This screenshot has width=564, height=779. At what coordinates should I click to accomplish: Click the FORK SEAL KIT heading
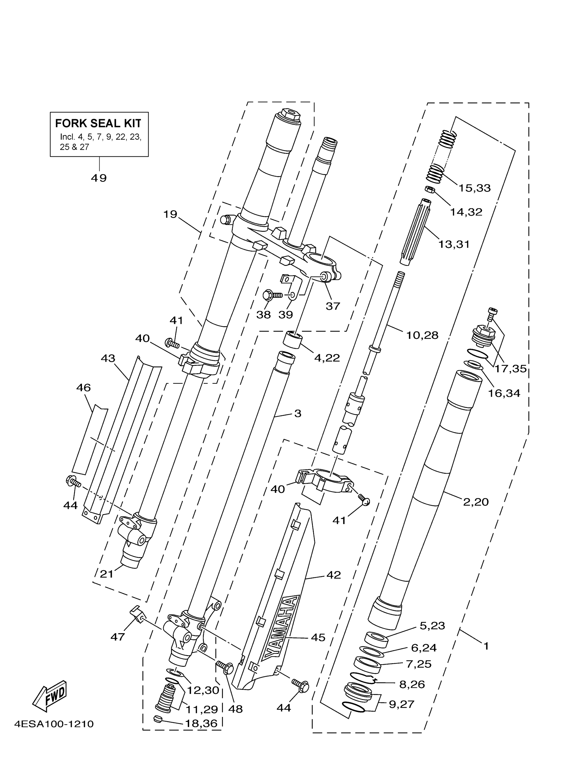coord(98,123)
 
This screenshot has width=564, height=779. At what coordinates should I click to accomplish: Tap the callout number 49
coord(99,178)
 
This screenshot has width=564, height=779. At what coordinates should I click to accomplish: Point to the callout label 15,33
coord(475,188)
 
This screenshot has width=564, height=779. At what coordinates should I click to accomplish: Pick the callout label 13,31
coord(454,244)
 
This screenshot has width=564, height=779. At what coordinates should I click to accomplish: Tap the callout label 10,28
coord(422,335)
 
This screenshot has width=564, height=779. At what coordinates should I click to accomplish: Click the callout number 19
coord(170,214)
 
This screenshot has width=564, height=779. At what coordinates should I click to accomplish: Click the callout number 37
coord(333,306)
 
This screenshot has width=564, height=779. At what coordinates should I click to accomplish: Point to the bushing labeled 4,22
coord(292,339)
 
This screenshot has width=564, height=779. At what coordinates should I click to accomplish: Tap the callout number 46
coord(83,388)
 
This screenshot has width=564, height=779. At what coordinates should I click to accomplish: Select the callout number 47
coord(118,637)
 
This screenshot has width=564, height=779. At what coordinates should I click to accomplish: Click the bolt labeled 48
coord(225,668)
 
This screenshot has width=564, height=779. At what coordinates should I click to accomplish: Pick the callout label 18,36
coord(201,724)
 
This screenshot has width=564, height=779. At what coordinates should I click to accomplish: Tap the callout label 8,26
coord(412,684)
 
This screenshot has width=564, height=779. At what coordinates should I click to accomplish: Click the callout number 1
coord(486,646)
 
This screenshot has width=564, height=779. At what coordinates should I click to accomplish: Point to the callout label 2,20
coord(476,502)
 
